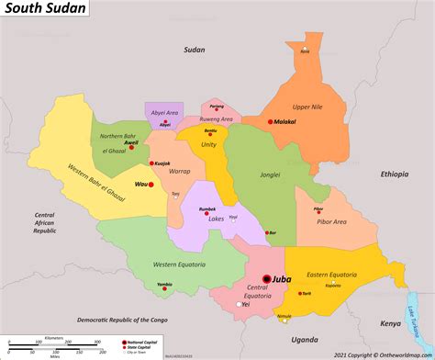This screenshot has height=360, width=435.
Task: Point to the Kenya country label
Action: click(x=391, y=323)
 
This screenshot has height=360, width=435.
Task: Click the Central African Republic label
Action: click(x=45, y=222)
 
